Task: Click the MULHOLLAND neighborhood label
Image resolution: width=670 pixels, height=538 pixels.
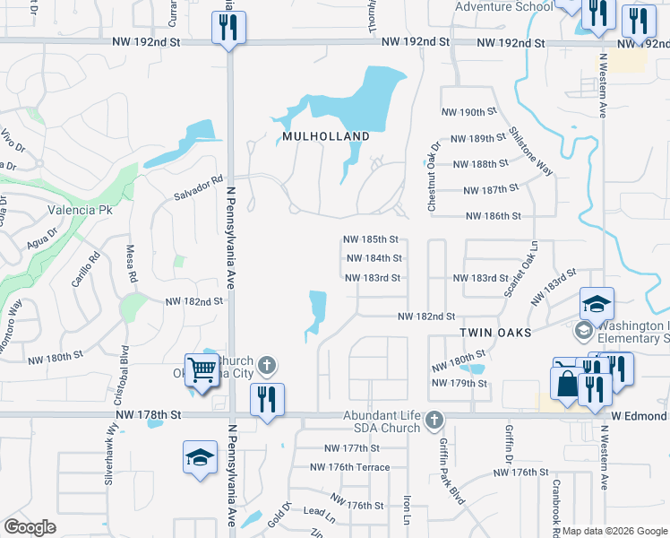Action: tap(326, 136)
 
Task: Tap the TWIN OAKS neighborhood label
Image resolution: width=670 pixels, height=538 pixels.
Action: tap(495, 332)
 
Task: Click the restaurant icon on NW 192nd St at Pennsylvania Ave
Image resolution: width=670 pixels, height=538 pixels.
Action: tap(228, 28)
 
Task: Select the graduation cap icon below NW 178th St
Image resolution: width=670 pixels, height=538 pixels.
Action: tap(200, 457)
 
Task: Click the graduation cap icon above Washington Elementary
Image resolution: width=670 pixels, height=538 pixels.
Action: tap(597, 303)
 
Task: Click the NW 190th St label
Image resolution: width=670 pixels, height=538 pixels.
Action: tap(469, 112)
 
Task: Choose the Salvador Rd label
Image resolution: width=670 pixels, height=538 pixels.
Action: tap(198, 187)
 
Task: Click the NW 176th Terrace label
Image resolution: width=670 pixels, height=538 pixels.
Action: tap(349, 467)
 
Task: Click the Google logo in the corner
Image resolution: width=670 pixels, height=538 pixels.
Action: tap(30, 526)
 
